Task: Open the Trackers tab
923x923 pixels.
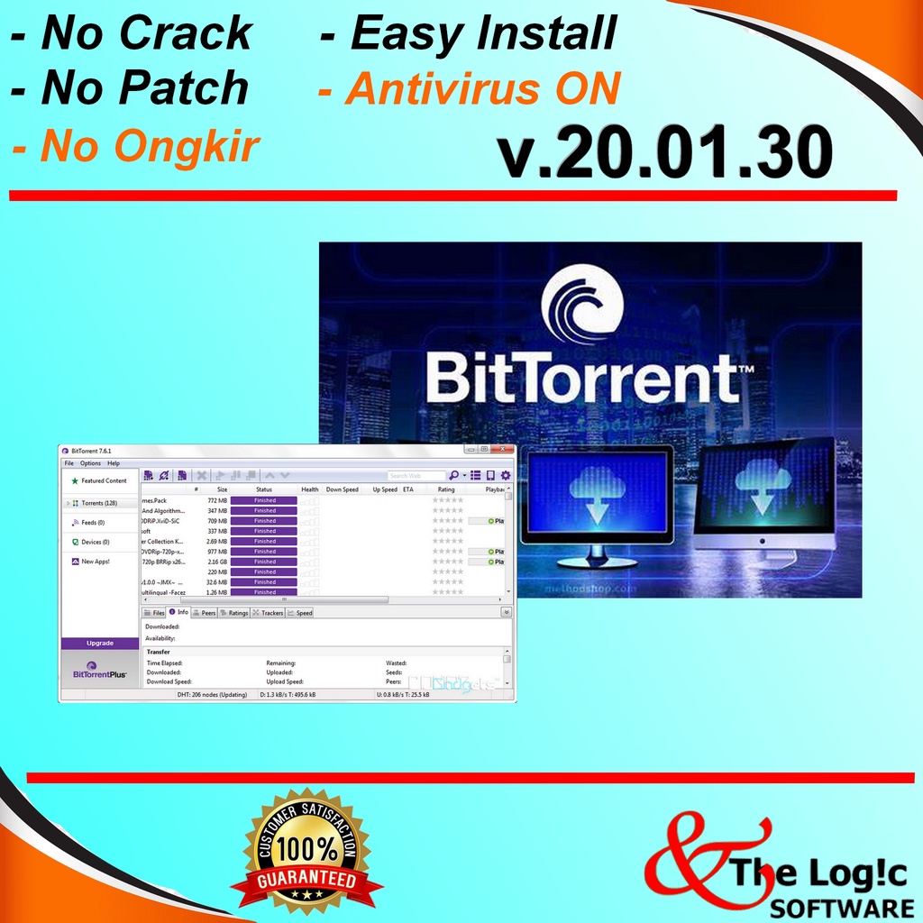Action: [x=271, y=613]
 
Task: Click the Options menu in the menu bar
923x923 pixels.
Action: [x=90, y=463]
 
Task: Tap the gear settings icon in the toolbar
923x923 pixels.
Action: [x=506, y=475]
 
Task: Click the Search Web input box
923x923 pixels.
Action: [x=416, y=476]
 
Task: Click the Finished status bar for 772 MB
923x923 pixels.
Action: [x=264, y=500]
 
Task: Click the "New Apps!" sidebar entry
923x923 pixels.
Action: [x=95, y=562]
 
